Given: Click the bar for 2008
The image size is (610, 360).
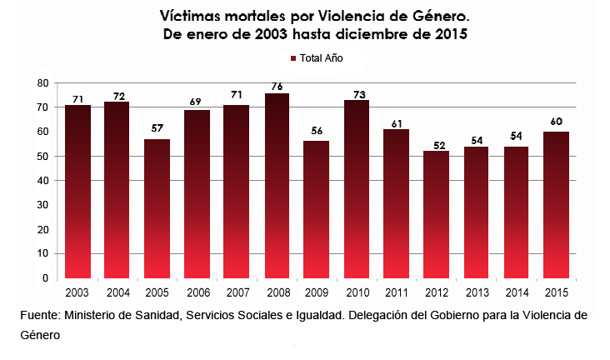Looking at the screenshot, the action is coord(277,186).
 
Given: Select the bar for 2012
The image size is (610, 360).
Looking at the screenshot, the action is coord(437,214).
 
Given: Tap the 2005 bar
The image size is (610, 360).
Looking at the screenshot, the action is coord(157,208).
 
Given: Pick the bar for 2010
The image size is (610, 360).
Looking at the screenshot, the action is coord(357,189).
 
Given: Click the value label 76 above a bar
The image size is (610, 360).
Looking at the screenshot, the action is coord(277,87).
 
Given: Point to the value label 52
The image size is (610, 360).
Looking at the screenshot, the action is coord(439,146).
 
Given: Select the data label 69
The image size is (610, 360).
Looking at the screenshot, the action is coord(195,102).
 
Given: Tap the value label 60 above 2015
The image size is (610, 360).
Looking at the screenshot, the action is coord(557,122).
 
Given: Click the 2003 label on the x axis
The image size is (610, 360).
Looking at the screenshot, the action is coord(77,292).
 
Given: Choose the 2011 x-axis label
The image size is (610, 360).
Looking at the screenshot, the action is coord(397,292).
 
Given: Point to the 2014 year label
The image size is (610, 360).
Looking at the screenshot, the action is coord(517,292).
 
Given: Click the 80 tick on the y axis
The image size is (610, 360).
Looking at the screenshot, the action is coord(42,82).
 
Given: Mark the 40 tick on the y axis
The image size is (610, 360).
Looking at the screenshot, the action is coord(42,181).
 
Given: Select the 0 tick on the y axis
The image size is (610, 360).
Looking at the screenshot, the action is coord(46,278).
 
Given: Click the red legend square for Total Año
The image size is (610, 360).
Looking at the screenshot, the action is coord(293,58).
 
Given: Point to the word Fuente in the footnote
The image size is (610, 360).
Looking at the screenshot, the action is coord(41,315).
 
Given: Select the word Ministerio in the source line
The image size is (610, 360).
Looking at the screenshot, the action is coord(88,315).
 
